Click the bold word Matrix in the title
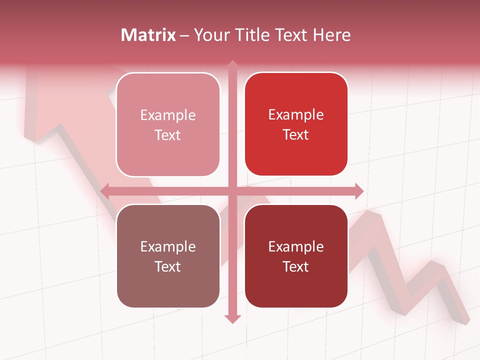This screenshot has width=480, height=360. click(148, 35)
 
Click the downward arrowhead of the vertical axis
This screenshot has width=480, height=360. click(232, 318)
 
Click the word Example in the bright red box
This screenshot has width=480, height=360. click(296, 115)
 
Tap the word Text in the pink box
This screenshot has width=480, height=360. click(167, 135)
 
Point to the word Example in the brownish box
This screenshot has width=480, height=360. click(168, 246)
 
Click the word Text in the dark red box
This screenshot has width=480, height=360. click(295, 266)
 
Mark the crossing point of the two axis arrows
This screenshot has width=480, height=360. click(232, 191)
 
